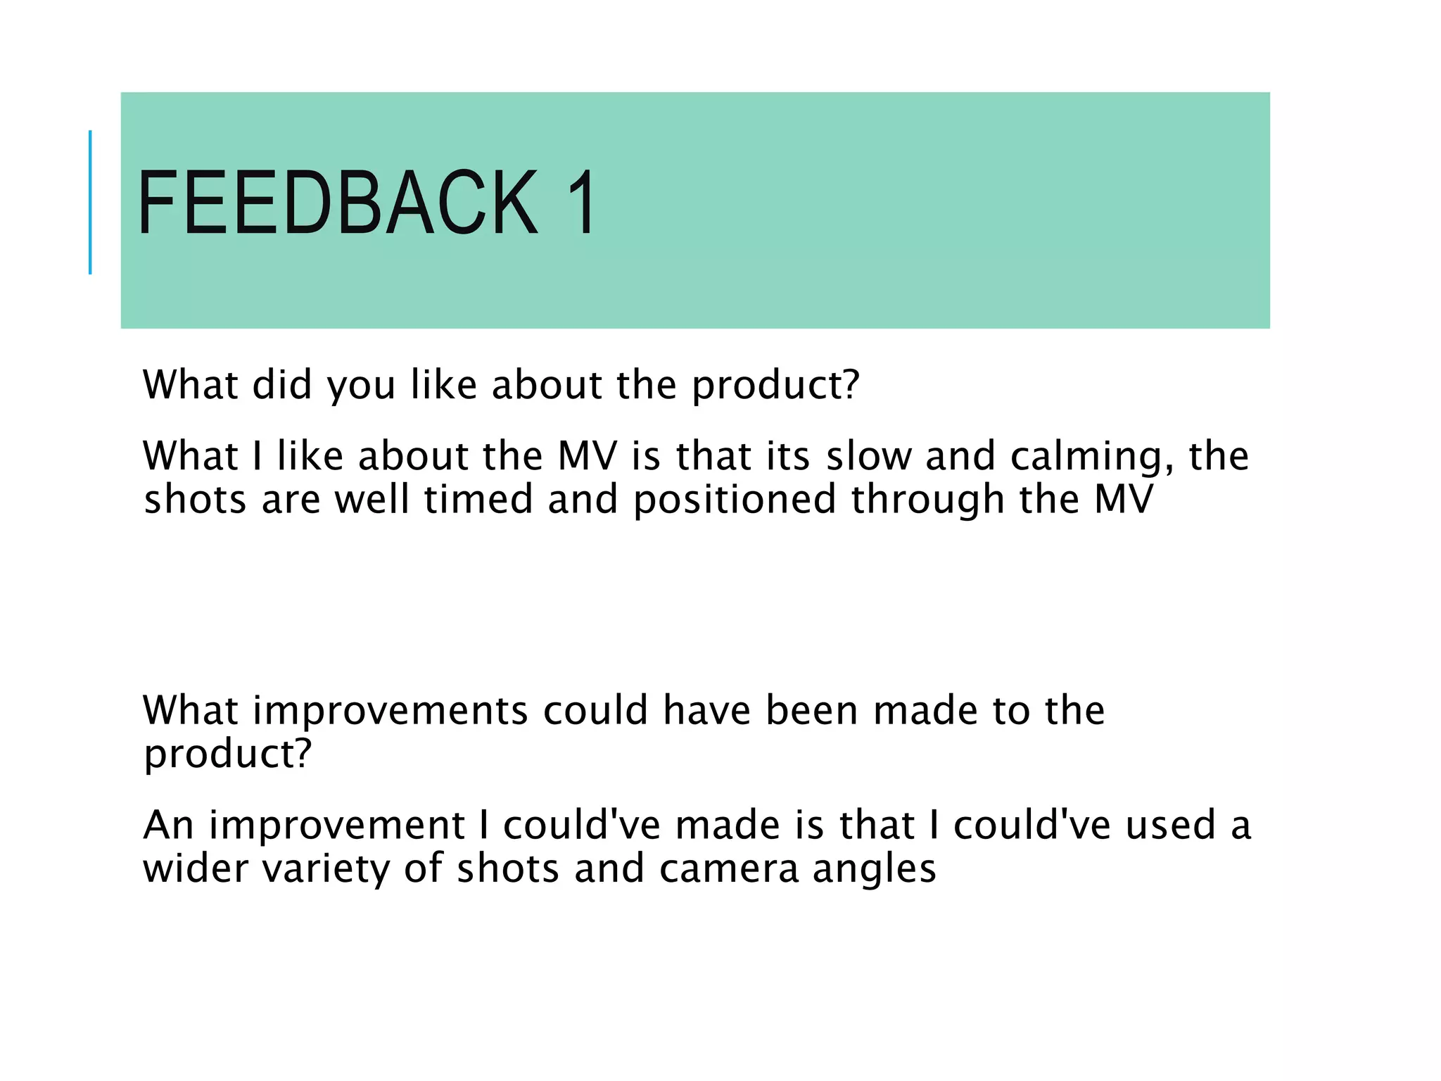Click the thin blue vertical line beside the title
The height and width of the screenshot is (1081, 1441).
pos(90,203)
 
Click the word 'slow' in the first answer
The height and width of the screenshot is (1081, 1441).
pos(868,456)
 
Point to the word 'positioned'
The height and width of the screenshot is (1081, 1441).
pos(734,501)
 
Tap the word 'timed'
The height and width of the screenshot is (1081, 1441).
pos(478,500)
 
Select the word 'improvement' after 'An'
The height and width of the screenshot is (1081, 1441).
pos(336,826)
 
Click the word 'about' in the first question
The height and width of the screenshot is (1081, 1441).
pos(547,386)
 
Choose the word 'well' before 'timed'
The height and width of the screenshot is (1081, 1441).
pos(372,500)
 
